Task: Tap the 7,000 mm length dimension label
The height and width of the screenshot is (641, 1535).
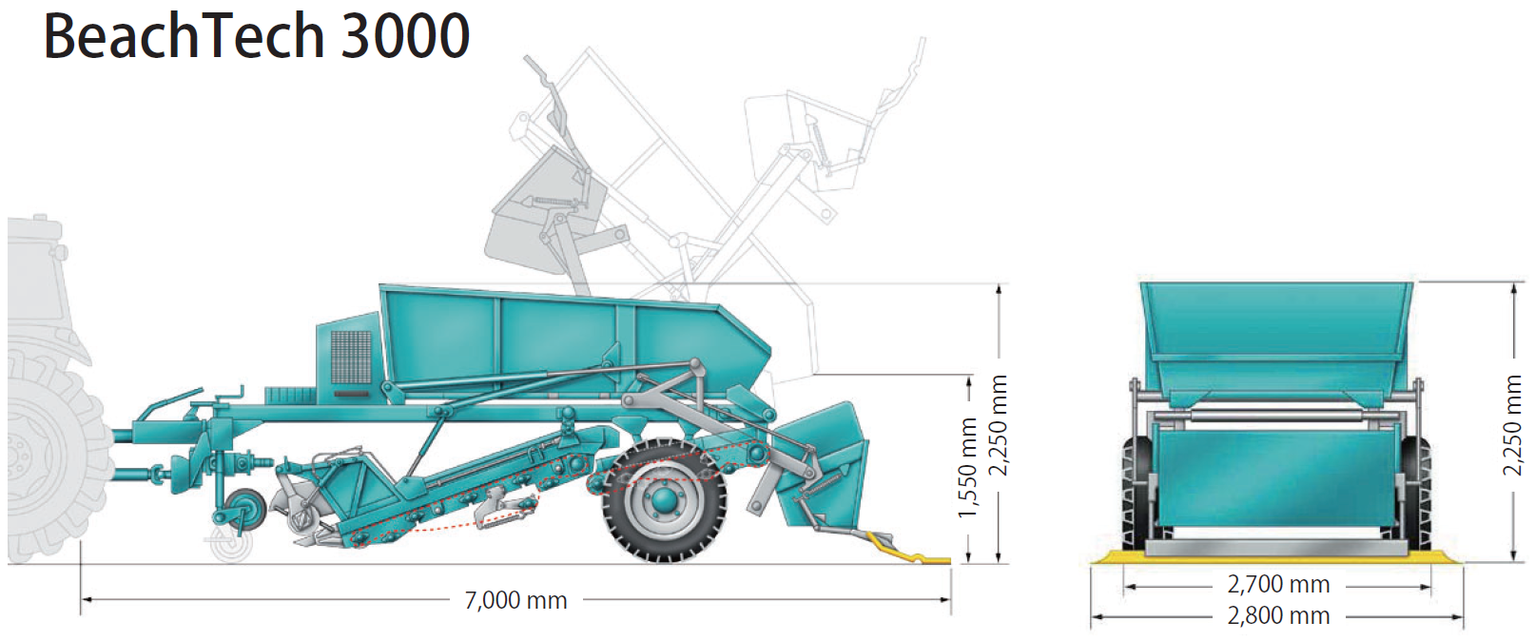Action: pos(516,600)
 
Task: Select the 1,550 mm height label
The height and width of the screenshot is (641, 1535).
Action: pos(967,467)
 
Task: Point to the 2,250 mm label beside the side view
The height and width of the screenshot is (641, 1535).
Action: pos(1000,425)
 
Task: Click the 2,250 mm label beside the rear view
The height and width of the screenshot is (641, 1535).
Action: pos(1512,425)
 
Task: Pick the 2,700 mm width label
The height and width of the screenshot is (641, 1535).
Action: pos(1279,585)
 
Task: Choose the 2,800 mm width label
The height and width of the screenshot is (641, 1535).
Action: pos(1279,616)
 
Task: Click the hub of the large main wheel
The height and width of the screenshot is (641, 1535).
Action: pos(663,501)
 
